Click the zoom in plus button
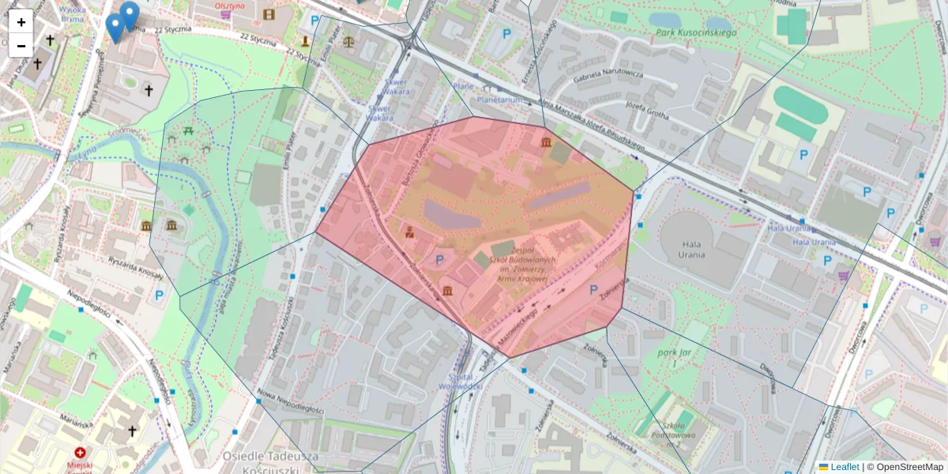(x=21, y=22)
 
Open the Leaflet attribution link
(x=844, y=467)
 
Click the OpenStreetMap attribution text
(x=908, y=467)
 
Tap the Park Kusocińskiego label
(x=695, y=33)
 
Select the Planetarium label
(x=501, y=101)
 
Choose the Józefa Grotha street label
(x=646, y=110)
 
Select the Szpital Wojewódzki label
(x=460, y=382)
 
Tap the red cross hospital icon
(x=81, y=453)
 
